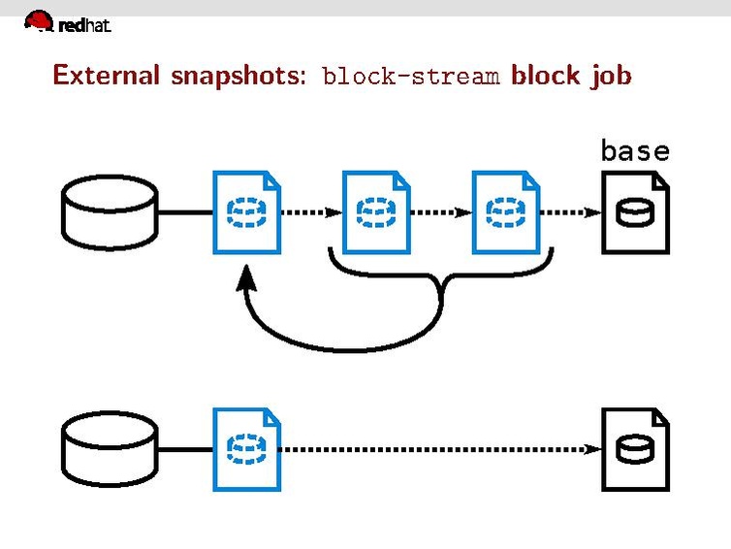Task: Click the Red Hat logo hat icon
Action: click(x=39, y=21)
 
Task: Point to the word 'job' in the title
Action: click(x=611, y=76)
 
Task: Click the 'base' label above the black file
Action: click(x=635, y=150)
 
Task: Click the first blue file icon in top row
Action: click(x=246, y=211)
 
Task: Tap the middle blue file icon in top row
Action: click(x=375, y=211)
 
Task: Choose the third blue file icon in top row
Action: click(x=505, y=211)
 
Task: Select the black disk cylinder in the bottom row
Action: click(x=109, y=448)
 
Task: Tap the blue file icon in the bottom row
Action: click(x=246, y=448)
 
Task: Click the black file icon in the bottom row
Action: click(x=635, y=448)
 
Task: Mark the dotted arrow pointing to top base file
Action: click(x=570, y=211)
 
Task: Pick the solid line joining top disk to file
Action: click(x=184, y=211)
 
